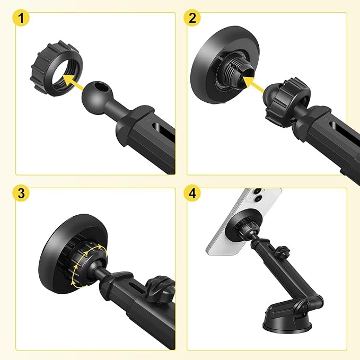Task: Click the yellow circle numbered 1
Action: tap(21, 18)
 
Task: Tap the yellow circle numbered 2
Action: tap(192, 18)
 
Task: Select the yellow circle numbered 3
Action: tap(21, 193)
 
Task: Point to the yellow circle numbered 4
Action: tap(192, 193)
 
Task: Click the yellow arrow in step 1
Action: tap(73, 82)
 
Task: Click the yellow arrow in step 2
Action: tap(253, 84)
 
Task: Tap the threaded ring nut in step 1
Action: tap(57, 68)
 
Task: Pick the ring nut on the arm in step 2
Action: tap(287, 102)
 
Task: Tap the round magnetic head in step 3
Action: tap(73, 254)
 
